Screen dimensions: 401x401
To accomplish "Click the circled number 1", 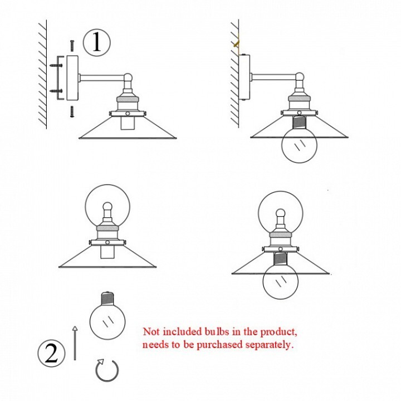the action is (97, 42).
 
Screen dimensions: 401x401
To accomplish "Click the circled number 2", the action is (52, 354).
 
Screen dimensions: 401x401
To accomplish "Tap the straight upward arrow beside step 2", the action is (75, 343).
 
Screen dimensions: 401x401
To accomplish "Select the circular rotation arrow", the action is (107, 370).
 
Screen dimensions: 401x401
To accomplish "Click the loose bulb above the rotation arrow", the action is (107, 316).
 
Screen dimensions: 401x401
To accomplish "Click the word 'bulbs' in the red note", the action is (217, 332).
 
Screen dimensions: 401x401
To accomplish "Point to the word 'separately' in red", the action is (270, 345).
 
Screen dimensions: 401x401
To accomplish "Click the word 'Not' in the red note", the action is (151, 332).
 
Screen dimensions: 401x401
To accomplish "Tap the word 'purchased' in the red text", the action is (219, 345).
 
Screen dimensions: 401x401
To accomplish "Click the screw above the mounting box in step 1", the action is (72, 46).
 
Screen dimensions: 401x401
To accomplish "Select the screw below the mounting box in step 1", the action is (72, 111).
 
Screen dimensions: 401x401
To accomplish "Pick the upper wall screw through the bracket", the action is (56, 66).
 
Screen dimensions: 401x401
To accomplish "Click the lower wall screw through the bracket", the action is (56, 91).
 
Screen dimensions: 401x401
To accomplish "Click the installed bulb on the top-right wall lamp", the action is (299, 145).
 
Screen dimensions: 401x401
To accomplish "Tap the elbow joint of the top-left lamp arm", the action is (128, 77).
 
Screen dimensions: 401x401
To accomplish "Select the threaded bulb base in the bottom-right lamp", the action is (281, 259).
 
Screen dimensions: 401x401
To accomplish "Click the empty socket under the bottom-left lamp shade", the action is (107, 252).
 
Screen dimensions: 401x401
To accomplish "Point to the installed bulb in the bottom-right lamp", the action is (281, 281).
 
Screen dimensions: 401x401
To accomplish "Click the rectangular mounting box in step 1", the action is (72, 78).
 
